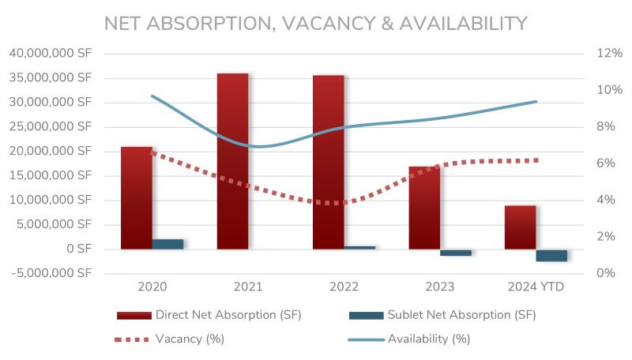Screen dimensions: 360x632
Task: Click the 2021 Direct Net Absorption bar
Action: (x=232, y=161)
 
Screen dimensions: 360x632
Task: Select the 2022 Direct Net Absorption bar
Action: (x=328, y=162)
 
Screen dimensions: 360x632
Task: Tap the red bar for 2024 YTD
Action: (x=520, y=227)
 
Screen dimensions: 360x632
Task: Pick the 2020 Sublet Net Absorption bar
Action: (x=167, y=244)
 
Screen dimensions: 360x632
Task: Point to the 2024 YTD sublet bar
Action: (x=551, y=255)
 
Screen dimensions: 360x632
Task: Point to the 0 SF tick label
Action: (x=76, y=249)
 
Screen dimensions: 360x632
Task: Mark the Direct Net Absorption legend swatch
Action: (x=134, y=315)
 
